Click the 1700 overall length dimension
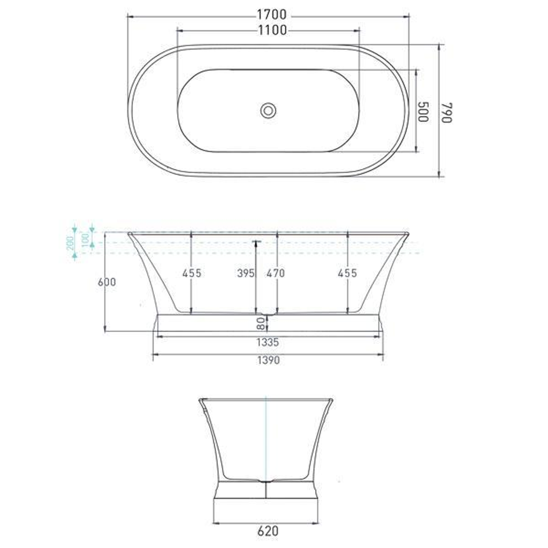[271, 14]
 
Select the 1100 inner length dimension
[272, 31]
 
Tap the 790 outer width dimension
[447, 112]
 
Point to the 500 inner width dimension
[423, 112]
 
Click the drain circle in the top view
[268, 111]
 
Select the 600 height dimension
[106, 281]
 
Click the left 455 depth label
[192, 273]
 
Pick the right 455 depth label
[347, 273]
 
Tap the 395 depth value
[246, 273]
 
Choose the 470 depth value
[276, 273]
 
